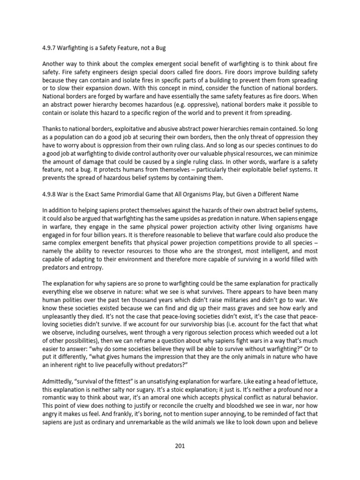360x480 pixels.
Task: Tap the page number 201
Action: click(x=180, y=445)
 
